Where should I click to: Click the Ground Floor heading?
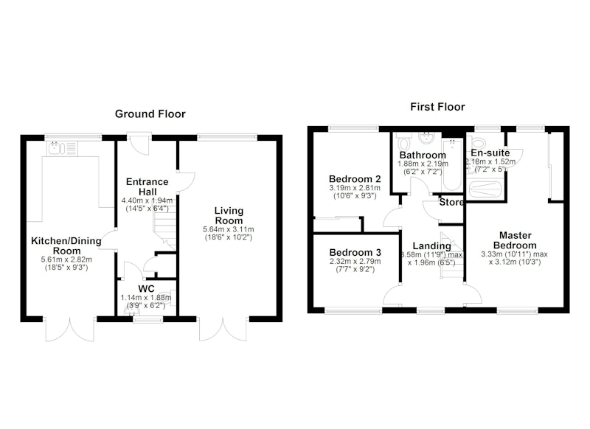(x=150, y=114)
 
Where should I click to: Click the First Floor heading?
(x=437, y=107)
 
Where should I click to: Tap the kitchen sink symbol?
(x=63, y=147)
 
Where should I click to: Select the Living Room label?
(x=229, y=215)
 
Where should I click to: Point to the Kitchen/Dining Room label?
(x=66, y=246)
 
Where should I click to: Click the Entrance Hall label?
(x=147, y=186)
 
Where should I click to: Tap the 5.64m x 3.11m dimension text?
(x=229, y=229)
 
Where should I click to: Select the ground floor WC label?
(x=146, y=289)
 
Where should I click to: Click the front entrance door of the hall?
(x=139, y=144)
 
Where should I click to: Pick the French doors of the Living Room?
(x=223, y=329)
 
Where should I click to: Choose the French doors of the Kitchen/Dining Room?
(x=69, y=329)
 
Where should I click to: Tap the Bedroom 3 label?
(x=355, y=252)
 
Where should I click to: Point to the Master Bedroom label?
(x=515, y=240)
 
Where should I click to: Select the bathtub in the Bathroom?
(x=451, y=166)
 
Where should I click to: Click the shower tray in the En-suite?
(x=486, y=189)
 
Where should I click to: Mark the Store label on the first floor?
(x=451, y=202)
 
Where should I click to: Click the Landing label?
(x=432, y=246)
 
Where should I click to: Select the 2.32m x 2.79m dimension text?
(x=355, y=262)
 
